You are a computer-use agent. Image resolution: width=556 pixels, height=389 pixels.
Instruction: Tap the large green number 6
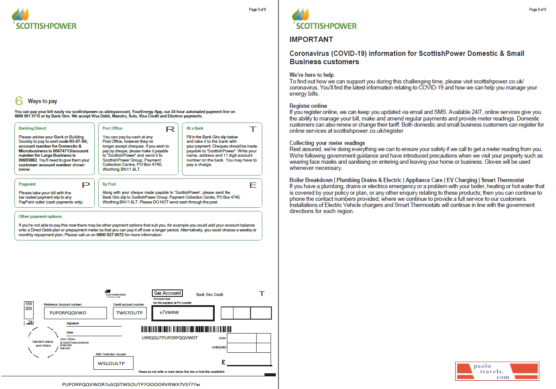pyautogui.click(x=19, y=101)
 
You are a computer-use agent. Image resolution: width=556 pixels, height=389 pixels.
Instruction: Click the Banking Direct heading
pyautogui.click(x=32, y=128)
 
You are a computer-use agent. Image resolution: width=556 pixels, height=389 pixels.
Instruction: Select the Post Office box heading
pyautogui.click(x=112, y=128)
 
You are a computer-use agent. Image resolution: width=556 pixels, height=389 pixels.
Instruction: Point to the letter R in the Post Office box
pyautogui.click(x=170, y=129)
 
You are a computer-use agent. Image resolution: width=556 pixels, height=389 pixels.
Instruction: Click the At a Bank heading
pyautogui.click(x=195, y=128)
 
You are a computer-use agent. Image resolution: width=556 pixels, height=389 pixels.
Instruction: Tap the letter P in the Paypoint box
pyautogui.click(x=86, y=185)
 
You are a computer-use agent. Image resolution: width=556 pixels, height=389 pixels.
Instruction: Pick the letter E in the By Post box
pyautogui.click(x=253, y=185)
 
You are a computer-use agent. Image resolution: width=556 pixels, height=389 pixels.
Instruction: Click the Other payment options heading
pyautogui.click(x=40, y=217)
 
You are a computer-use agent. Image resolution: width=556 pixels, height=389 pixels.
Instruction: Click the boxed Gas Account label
pyautogui.click(x=167, y=293)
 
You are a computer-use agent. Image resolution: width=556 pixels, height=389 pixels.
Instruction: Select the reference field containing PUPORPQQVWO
pyautogui.click(x=75, y=313)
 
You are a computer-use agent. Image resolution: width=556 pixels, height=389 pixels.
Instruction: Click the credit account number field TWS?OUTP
pyautogui.click(x=129, y=313)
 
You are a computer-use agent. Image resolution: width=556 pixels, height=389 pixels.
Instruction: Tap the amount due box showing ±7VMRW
pyautogui.click(x=182, y=313)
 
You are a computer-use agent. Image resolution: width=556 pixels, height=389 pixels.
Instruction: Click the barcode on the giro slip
pyautogui.click(x=186, y=329)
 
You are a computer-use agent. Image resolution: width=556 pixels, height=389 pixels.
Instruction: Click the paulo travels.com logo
pyautogui.click(x=497, y=371)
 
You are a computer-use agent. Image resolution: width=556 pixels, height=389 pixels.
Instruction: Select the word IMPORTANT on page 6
pyautogui.click(x=311, y=40)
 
